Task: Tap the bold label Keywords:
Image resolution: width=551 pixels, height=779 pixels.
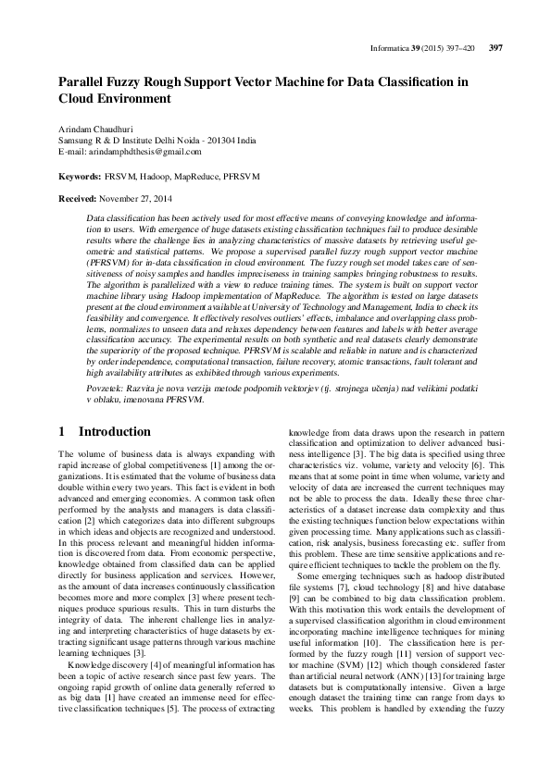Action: [80, 175]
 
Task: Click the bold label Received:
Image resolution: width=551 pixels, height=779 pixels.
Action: [79, 198]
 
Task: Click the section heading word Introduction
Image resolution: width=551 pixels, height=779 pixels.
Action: [114, 432]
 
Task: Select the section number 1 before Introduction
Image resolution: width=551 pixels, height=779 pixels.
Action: [61, 432]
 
